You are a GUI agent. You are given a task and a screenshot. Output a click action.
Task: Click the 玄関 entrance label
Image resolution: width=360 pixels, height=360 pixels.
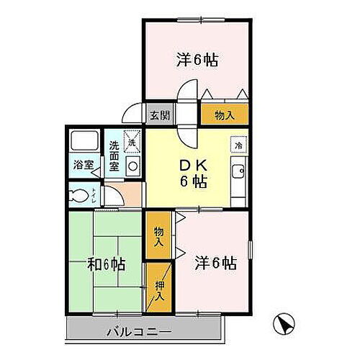pos(159,114)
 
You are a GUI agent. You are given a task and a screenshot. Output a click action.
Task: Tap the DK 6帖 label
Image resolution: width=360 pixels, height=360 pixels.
pos(192,172)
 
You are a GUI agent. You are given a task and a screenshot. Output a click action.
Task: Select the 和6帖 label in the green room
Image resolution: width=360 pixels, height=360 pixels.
pos(109,264)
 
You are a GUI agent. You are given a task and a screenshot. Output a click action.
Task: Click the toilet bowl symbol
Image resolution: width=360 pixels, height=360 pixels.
pos(83,194)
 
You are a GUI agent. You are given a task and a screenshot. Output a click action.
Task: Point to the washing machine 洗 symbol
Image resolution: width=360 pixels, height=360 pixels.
pos(131,140)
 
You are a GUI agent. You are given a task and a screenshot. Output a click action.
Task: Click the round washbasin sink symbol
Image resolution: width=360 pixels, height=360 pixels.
pos(132,165)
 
